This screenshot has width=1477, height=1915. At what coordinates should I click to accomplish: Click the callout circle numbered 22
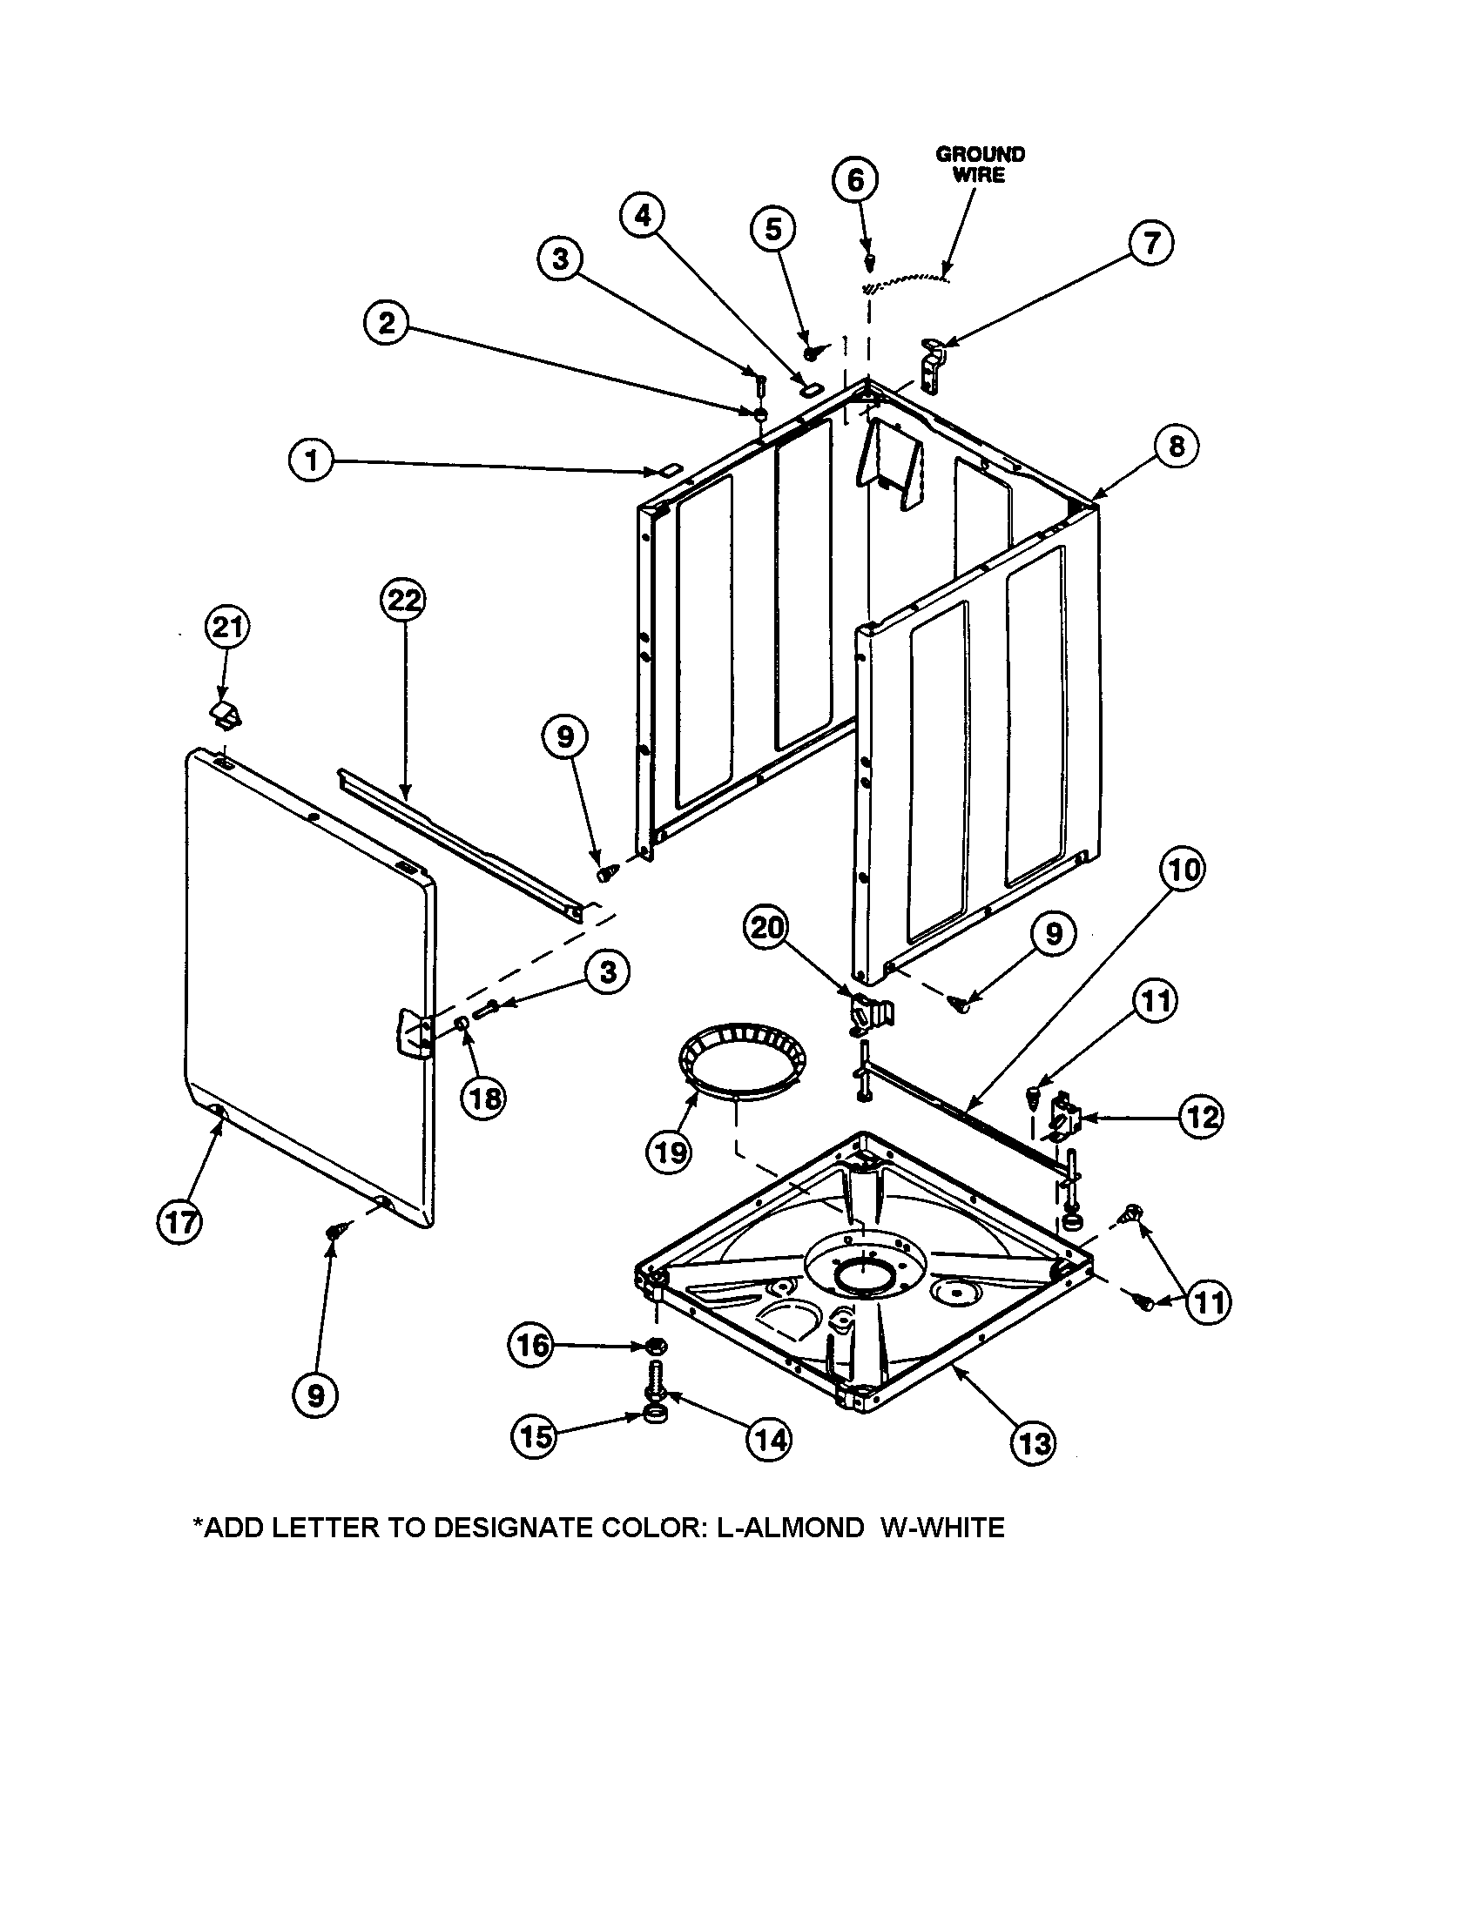[404, 601]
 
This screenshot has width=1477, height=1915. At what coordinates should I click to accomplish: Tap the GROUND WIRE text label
[980, 164]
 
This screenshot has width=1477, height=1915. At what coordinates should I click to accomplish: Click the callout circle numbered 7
[1150, 242]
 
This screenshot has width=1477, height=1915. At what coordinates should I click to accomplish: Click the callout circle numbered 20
[766, 927]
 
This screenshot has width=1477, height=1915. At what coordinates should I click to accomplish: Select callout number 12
[1201, 1117]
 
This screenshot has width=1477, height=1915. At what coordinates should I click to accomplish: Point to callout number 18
[483, 1098]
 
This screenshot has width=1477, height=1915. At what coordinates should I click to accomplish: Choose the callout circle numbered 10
[1184, 870]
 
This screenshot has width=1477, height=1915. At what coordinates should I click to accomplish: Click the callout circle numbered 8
[1176, 447]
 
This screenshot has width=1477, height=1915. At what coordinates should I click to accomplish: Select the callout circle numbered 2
[387, 324]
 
